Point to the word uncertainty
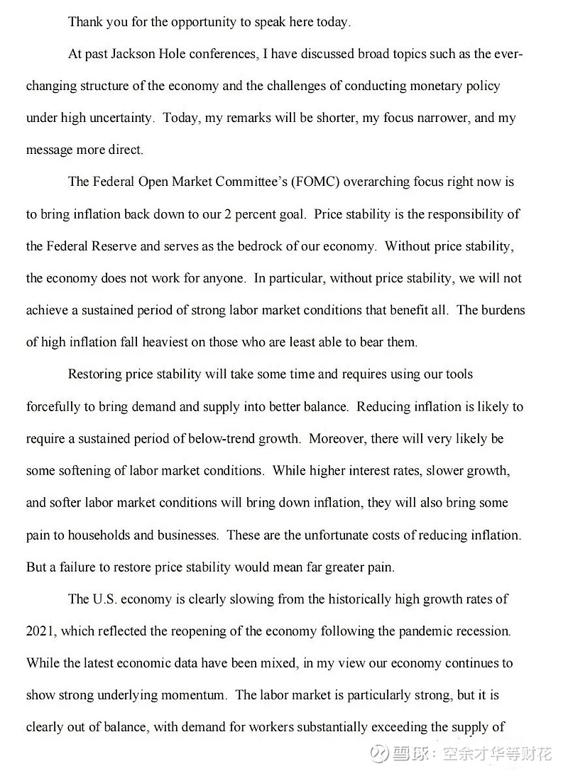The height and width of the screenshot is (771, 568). tap(119, 118)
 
